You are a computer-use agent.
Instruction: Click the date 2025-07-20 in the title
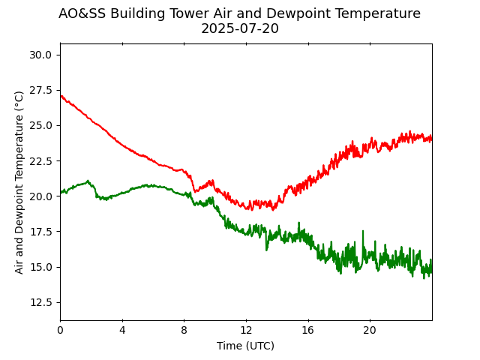click(239, 29)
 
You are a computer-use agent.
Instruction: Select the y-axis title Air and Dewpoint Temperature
click(19, 181)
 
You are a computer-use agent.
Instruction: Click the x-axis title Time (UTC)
click(245, 346)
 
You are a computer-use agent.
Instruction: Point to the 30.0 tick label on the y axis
click(40, 55)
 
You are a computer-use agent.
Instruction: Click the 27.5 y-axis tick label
click(40, 90)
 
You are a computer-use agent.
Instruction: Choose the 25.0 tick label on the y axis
click(40, 125)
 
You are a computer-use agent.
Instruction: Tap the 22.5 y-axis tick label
click(40, 161)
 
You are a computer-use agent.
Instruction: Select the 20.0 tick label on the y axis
click(40, 196)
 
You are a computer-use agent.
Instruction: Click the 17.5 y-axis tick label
click(40, 232)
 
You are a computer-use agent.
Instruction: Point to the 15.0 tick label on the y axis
click(40, 267)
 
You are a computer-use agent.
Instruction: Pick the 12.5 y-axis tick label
click(40, 302)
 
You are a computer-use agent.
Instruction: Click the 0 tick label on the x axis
click(60, 331)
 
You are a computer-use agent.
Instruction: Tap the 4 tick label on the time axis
click(122, 331)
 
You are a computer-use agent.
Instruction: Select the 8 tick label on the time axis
click(184, 331)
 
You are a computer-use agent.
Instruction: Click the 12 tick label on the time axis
click(246, 331)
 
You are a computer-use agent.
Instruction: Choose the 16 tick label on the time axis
click(307, 331)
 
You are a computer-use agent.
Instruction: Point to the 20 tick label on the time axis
click(370, 331)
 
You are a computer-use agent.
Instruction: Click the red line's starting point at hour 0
click(61, 96)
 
